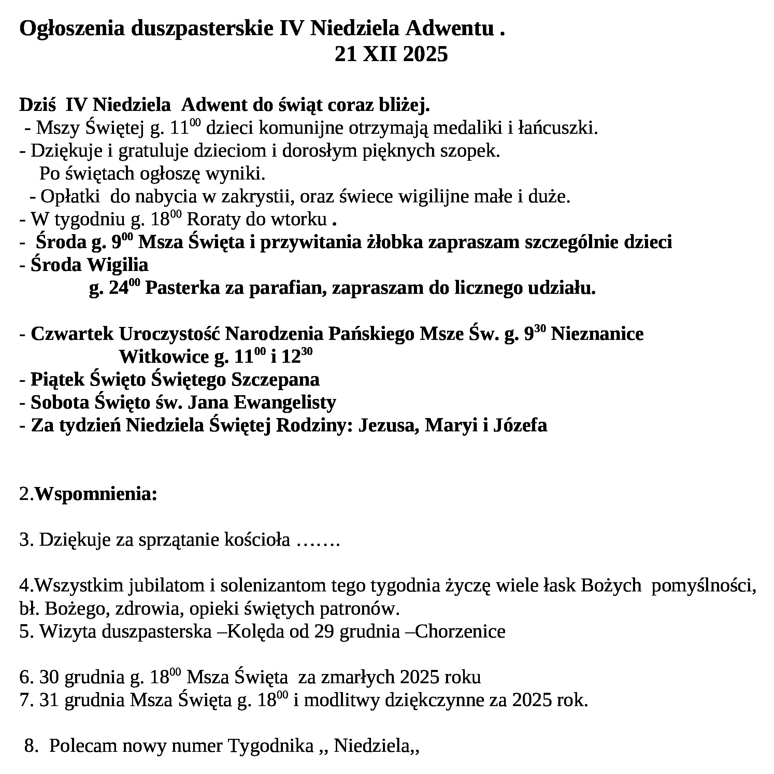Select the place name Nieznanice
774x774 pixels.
597,334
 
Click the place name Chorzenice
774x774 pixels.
460,631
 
